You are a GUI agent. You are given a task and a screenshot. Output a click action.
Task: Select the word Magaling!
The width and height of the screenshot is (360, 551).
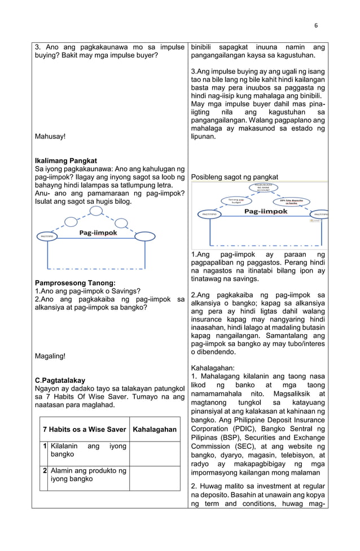[x=50, y=356]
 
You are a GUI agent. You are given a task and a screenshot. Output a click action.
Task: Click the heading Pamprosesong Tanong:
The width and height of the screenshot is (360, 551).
[x=75, y=283]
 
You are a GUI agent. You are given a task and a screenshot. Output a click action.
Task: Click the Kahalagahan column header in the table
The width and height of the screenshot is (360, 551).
[x=154, y=430]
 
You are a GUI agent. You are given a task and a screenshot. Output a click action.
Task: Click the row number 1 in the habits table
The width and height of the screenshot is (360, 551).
[x=43, y=446]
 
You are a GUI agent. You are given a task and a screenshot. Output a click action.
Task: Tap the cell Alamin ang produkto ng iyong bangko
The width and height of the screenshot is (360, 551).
[x=88, y=475]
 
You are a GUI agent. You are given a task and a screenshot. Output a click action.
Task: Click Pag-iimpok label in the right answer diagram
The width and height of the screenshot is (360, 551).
[x=265, y=211]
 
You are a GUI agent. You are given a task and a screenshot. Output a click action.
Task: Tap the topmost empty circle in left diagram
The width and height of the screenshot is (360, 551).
[x=96, y=211]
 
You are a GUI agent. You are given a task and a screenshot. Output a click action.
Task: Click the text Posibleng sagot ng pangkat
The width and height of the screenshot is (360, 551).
[x=234, y=177]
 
